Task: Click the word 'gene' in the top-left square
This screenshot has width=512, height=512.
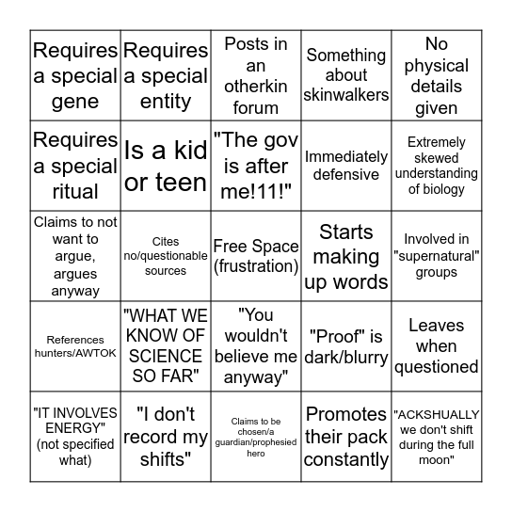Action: [75, 102]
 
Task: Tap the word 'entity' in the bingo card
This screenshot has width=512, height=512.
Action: [166, 102]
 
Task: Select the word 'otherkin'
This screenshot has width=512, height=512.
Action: [256, 87]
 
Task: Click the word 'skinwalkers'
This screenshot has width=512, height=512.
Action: [346, 94]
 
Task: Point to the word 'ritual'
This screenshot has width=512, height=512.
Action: [75, 191]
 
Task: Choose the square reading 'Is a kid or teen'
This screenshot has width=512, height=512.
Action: [166, 166]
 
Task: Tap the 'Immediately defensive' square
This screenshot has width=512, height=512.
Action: [346, 166]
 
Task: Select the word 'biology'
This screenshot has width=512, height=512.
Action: [437, 189]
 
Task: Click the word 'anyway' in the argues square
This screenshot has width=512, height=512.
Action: [75, 291]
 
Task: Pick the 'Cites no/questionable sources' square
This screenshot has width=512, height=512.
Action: [166, 256]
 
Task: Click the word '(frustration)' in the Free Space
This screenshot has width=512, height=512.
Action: [256, 266]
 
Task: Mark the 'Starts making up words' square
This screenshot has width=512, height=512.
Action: [346, 256]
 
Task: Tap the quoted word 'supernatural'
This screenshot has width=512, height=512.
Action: [437, 256]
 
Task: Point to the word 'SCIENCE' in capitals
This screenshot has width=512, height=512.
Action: [166, 356]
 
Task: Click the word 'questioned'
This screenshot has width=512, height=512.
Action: [437, 366]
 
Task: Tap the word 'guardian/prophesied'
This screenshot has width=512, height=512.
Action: [256, 441]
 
